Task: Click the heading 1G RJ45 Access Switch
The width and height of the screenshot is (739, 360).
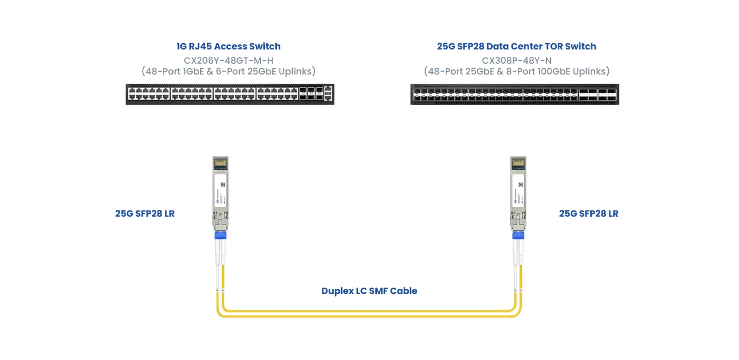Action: pos(229,46)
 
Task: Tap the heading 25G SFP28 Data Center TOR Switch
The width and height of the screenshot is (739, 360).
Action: pos(516,46)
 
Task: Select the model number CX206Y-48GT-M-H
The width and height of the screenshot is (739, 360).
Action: pos(229,59)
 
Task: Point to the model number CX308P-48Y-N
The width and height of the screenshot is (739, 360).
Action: pos(516,59)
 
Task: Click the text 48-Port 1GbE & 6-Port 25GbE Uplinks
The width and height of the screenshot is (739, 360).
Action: pos(229,71)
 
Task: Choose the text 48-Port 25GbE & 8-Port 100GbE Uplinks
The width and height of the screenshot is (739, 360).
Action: pos(516,71)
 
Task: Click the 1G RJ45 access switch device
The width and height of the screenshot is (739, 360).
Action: pos(230,94)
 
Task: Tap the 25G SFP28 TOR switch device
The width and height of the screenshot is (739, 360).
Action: pos(514,94)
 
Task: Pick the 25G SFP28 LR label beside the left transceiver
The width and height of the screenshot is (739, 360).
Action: pos(144,213)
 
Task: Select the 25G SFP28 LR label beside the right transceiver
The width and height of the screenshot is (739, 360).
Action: pos(588,213)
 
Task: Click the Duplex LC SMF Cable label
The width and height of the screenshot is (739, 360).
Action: pos(369,291)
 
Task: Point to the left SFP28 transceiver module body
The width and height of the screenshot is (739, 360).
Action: pos(220,191)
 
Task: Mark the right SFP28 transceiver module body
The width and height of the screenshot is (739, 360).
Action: pos(518,191)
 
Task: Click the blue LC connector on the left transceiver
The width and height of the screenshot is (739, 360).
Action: pos(220,235)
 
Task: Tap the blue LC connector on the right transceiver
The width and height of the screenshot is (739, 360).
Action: pos(518,235)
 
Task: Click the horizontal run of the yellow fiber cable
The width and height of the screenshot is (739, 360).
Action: pos(369,312)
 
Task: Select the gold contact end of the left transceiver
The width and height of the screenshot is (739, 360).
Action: pos(220,163)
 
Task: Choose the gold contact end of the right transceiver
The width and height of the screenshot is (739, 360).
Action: pos(518,163)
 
